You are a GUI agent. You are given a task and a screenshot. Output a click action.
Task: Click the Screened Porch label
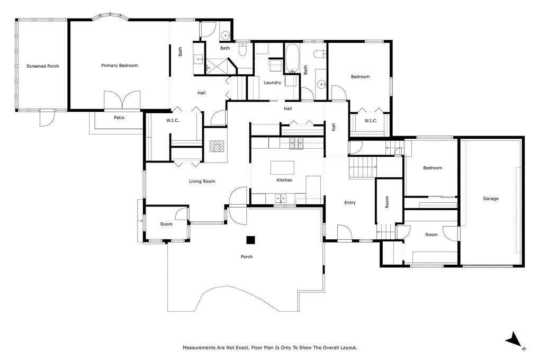click(43, 66)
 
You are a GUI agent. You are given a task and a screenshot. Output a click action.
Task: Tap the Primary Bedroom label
click(120, 66)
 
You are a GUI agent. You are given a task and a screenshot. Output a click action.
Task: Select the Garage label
click(490, 199)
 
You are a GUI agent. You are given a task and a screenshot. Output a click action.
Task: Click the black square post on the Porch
click(250, 240)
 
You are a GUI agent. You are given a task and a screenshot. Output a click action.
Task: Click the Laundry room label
click(272, 83)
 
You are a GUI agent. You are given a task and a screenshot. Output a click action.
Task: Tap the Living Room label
click(202, 182)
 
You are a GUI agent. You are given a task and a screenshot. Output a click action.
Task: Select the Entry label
click(350, 203)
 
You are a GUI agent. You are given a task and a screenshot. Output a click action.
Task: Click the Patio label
click(119, 118)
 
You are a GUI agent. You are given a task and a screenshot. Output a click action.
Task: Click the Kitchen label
click(284, 181)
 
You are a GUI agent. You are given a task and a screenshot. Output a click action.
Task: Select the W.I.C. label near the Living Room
click(173, 121)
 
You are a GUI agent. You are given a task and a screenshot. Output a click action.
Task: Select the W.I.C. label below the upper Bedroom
click(371, 121)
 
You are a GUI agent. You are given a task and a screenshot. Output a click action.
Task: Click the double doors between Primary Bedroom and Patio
click(122, 101)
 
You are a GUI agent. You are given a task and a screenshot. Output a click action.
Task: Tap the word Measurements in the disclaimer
click(200, 348)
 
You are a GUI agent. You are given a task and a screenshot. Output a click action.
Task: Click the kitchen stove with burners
click(295, 142)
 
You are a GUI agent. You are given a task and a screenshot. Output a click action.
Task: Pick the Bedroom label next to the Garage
click(432, 168)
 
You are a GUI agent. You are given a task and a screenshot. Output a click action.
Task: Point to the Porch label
click(246, 257)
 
